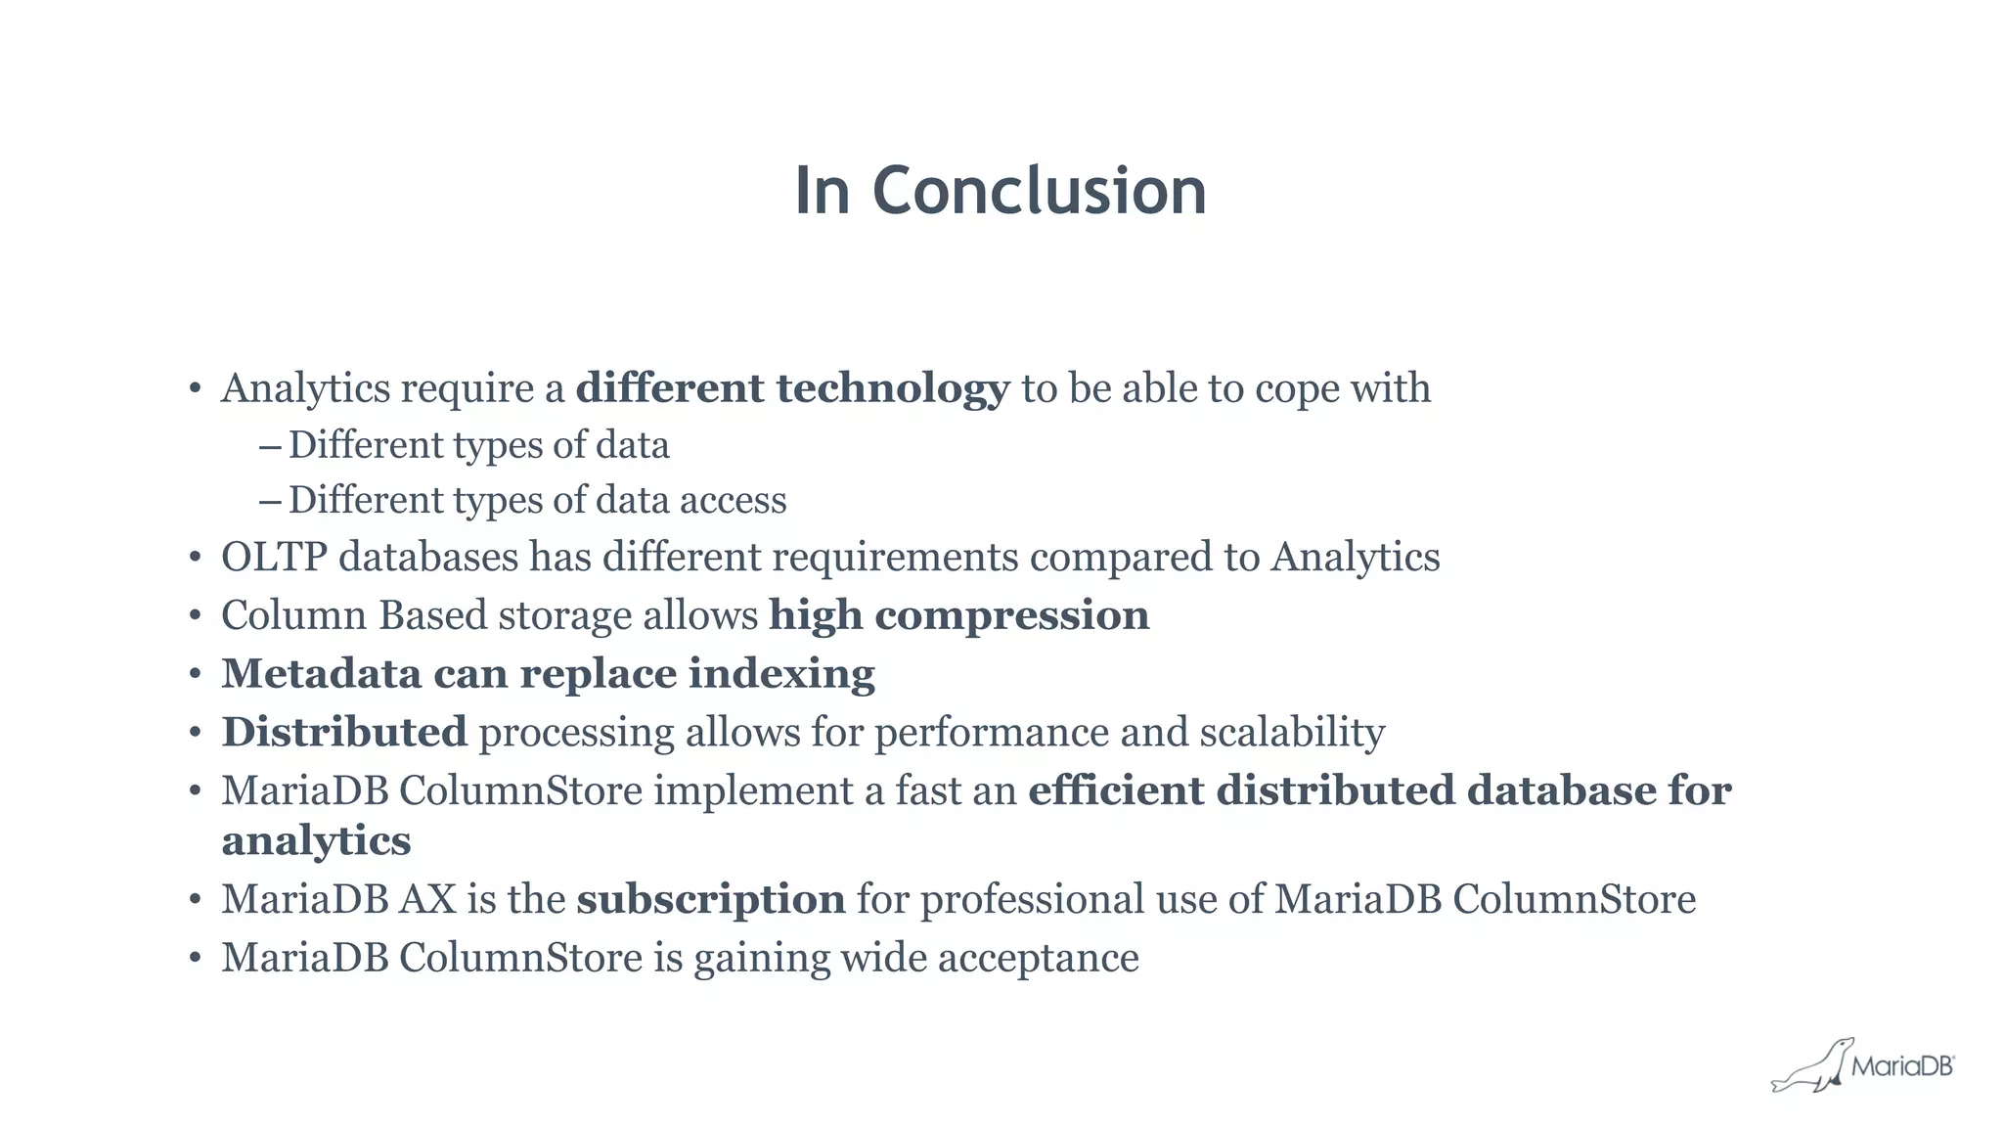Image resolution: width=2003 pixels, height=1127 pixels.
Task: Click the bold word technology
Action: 892,389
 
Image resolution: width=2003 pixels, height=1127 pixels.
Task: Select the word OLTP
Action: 274,558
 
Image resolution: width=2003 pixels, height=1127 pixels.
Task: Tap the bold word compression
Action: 1011,616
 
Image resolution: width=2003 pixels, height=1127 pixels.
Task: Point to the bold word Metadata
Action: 322,674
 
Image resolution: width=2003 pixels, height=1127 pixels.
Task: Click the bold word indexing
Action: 781,675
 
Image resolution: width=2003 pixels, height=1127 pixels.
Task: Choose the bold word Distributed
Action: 344,733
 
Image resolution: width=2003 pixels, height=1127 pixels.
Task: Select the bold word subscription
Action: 711,900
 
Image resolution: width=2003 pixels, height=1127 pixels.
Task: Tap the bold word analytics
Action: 316,841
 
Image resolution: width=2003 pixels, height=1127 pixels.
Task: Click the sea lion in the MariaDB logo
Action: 1810,1067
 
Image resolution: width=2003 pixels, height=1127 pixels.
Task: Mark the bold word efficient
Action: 1116,790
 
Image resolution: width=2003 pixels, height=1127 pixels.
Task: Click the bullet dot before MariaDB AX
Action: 196,900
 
